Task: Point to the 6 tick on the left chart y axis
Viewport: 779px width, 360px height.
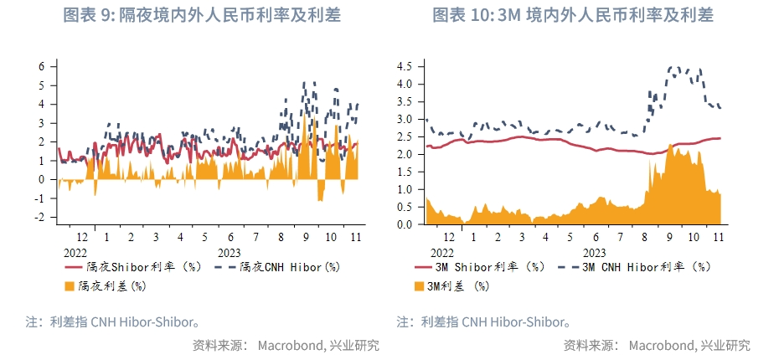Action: (x=41, y=66)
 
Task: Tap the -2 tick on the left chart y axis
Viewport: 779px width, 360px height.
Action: (x=39, y=217)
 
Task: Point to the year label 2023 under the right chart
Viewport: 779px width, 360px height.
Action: (x=594, y=251)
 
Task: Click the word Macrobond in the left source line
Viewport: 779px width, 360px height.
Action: (x=288, y=345)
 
